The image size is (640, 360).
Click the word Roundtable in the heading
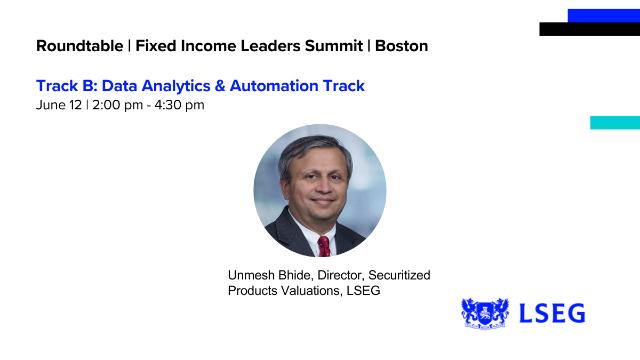point(79,46)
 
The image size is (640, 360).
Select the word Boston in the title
point(402,46)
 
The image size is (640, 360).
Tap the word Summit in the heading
point(334,46)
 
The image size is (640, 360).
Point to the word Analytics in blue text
point(176,86)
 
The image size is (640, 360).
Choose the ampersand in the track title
point(220,86)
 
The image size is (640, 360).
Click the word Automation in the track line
point(274,86)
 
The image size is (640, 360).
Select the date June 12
point(59,105)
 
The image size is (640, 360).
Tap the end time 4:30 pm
point(179,105)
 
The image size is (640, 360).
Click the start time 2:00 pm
point(117,105)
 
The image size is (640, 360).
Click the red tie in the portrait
point(324,246)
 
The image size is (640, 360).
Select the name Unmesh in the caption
point(251,275)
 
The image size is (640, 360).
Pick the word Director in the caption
point(341,275)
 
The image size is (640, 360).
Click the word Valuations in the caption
point(311,291)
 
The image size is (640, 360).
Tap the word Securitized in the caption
point(399,275)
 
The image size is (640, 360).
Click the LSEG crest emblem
point(485,314)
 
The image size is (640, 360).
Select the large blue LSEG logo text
point(552,313)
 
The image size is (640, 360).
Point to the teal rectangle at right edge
point(615,123)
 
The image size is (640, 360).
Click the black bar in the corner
point(590,29)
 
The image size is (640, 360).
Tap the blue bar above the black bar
point(604,15)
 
